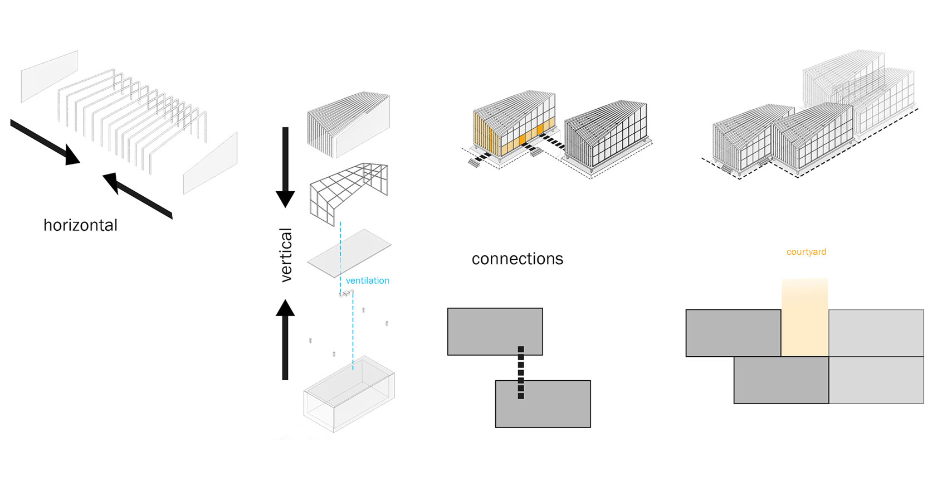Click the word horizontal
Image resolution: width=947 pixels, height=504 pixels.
point(80,225)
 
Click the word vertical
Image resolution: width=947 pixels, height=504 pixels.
point(286,255)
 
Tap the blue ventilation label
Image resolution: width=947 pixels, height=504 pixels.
point(367,280)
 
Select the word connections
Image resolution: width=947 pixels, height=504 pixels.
point(517,259)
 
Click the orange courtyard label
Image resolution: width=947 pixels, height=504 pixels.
point(806,252)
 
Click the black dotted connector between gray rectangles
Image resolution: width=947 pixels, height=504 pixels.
point(521,372)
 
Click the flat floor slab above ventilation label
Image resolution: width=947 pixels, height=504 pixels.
point(349,252)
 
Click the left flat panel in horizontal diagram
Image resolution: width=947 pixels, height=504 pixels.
point(49,76)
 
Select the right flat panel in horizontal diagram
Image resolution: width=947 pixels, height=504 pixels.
point(211,163)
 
